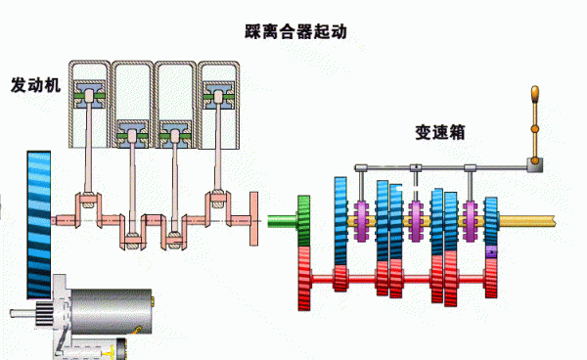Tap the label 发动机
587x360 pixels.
click(x=36, y=85)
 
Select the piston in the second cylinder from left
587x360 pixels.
click(x=132, y=131)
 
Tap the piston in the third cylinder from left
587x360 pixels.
click(x=175, y=131)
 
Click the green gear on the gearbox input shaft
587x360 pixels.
click(x=303, y=220)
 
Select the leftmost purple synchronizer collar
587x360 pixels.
click(x=363, y=221)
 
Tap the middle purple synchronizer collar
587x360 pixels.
click(x=417, y=221)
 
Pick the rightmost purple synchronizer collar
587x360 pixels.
click(x=472, y=221)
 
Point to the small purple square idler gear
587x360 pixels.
click(x=491, y=253)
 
